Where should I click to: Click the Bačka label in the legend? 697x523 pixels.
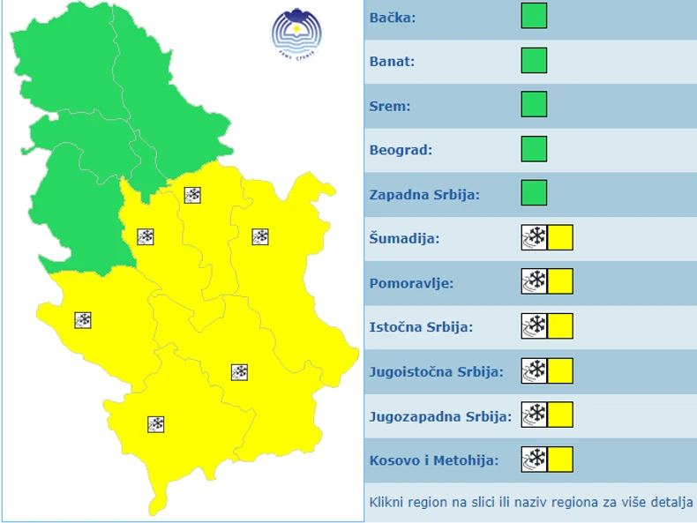(393, 18)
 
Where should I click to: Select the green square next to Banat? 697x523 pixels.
(534, 61)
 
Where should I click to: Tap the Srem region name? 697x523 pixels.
(390, 106)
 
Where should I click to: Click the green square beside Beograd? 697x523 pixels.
(534, 149)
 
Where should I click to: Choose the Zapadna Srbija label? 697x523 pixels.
(424, 194)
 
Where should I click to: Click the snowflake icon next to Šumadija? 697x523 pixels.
(535, 238)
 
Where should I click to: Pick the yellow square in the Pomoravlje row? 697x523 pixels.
(560, 282)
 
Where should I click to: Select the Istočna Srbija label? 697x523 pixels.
(421, 327)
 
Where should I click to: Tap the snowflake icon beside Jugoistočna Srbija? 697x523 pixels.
(535, 371)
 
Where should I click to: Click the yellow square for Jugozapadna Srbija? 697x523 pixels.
(560, 415)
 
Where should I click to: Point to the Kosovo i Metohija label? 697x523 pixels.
(433, 459)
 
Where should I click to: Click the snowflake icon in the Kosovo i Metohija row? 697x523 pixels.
(535, 459)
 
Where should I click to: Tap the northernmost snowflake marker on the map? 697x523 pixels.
(192, 195)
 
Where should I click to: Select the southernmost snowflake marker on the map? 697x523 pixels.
(156, 424)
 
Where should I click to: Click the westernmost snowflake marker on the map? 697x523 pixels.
(83, 320)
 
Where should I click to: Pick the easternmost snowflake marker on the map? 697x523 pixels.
(260, 236)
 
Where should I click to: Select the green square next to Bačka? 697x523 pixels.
(534, 16)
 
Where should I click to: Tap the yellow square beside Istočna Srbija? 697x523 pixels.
(560, 326)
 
